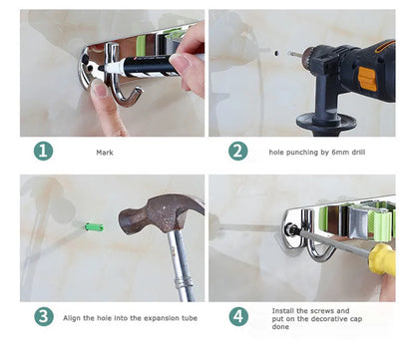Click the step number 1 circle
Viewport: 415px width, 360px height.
click(43, 152)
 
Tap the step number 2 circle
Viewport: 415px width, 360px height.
click(237, 152)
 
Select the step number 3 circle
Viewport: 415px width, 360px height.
click(44, 316)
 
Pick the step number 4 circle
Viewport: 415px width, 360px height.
click(238, 316)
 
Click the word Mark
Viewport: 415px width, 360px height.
click(105, 153)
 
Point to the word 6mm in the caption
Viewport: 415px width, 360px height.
click(340, 153)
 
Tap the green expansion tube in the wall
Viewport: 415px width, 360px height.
click(94, 227)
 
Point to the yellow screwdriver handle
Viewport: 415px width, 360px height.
click(382, 259)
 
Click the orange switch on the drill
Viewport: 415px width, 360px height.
click(367, 79)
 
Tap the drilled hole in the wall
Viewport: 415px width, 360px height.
click(276, 53)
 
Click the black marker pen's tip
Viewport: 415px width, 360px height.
click(100, 68)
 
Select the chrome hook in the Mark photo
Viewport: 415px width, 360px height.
click(121, 77)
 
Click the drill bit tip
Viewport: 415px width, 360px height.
click(288, 53)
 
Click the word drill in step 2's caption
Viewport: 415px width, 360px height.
click(358, 153)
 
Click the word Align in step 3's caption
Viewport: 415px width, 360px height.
click(72, 318)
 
